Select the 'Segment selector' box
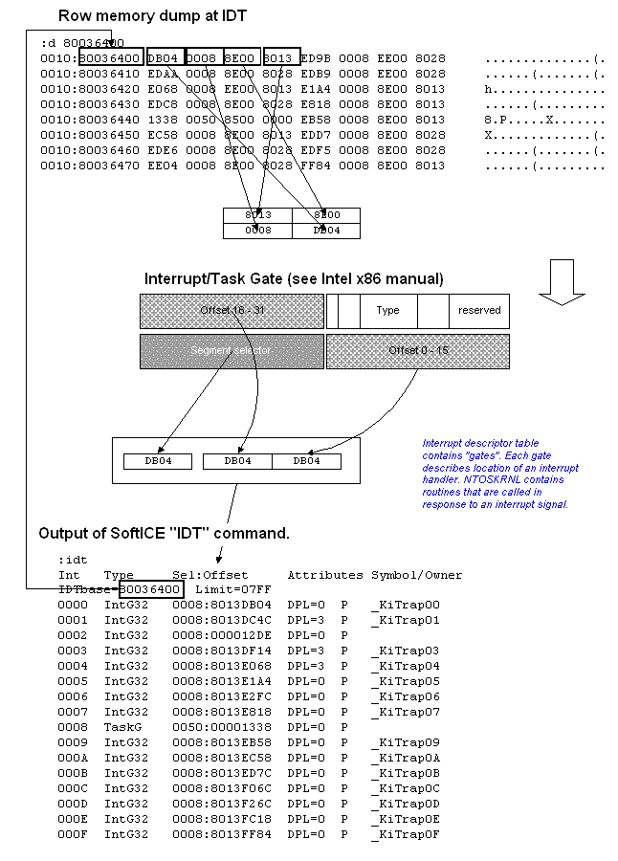(230, 351)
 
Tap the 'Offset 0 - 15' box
(417, 351)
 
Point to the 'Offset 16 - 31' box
(230, 311)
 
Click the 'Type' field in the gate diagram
(387, 311)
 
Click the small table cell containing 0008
(257, 231)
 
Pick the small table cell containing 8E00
(326, 215)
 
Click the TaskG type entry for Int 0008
(122, 727)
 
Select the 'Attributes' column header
(325, 575)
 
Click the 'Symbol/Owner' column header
(417, 575)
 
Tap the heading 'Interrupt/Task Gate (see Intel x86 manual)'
(294, 279)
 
